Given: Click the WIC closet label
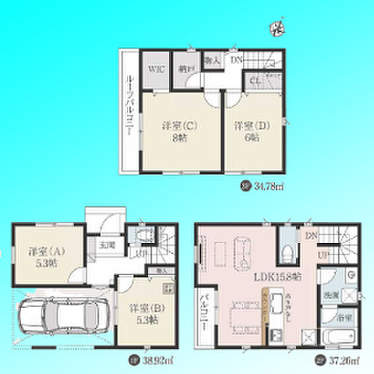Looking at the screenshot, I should (155, 68).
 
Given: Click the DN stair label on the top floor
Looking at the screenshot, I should (236, 59).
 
